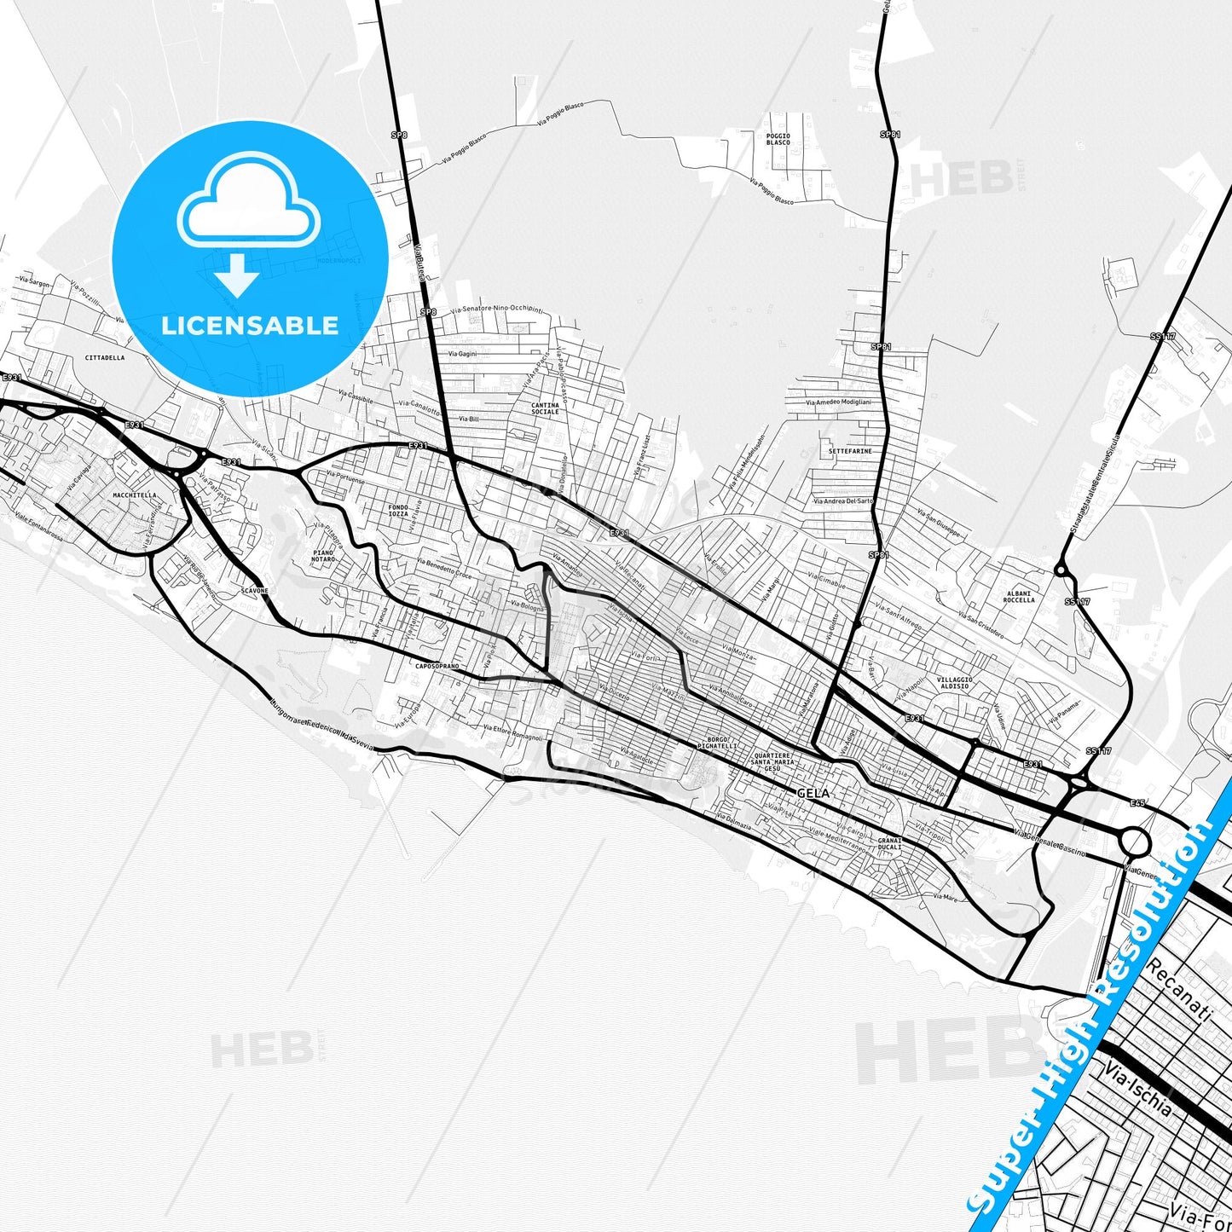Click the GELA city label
813,793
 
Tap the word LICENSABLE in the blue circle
250,325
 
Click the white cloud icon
248,202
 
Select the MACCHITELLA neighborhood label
135,495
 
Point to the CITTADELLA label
105,357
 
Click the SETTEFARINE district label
850,451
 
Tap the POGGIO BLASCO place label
778,139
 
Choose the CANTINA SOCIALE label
545,408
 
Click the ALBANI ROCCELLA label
1019,596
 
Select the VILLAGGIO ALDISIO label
954,683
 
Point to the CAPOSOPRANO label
437,666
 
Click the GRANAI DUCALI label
889,844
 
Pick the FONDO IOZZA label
397,511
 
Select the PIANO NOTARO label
323,556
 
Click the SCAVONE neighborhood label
255,590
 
